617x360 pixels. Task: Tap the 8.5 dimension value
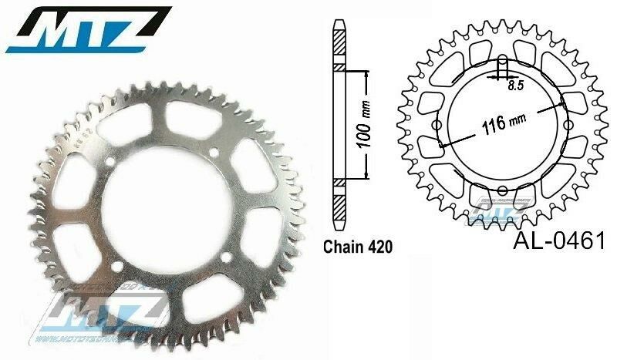pyautogui.click(x=514, y=86)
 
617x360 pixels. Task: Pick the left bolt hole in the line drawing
pyautogui.click(x=437, y=126)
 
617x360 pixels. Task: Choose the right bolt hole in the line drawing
pyautogui.click(x=565, y=126)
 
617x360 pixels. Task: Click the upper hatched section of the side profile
pyautogui.click(x=339, y=49)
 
